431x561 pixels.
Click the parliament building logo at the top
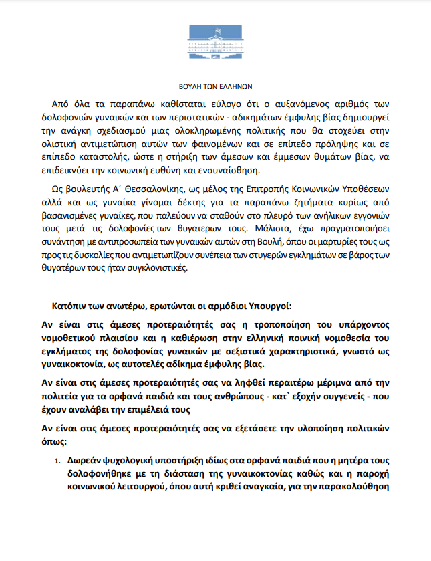click(215, 44)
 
